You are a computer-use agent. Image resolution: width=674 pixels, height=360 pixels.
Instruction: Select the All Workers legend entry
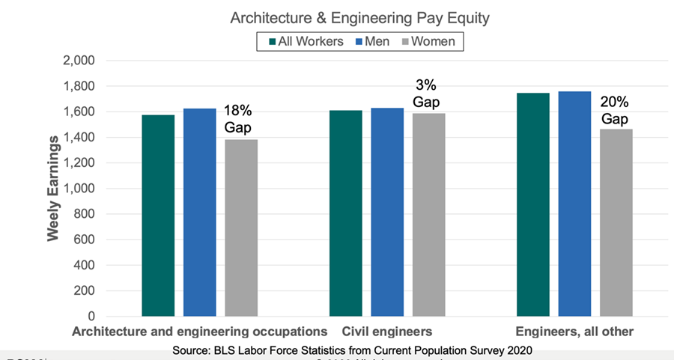[x=305, y=41]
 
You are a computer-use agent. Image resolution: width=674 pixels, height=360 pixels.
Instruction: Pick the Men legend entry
[x=371, y=41]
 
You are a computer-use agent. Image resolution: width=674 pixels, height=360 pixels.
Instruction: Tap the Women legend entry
[x=428, y=41]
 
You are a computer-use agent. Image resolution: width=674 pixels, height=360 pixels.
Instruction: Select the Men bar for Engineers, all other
[x=574, y=204]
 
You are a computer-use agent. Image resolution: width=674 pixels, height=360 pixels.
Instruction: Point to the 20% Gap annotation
[x=614, y=110]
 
